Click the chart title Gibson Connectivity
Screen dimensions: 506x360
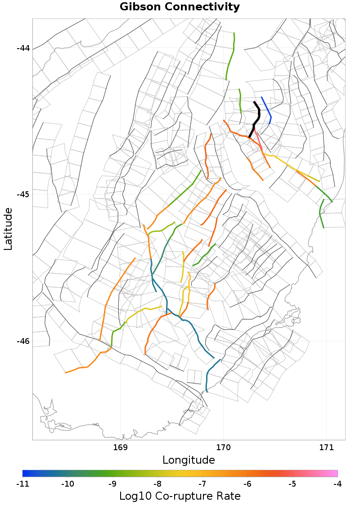(x=180, y=7)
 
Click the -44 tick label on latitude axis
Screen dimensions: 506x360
(x=23, y=48)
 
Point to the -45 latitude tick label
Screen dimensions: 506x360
(x=23, y=194)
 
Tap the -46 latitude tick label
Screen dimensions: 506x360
(x=23, y=341)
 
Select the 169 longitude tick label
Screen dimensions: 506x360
(x=121, y=447)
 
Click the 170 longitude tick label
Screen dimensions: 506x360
(x=223, y=447)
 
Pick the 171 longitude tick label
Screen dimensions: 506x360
(x=326, y=447)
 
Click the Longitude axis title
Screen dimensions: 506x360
(x=189, y=460)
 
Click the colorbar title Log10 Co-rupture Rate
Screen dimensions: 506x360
(x=180, y=496)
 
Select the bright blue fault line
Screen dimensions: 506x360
(x=267, y=109)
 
